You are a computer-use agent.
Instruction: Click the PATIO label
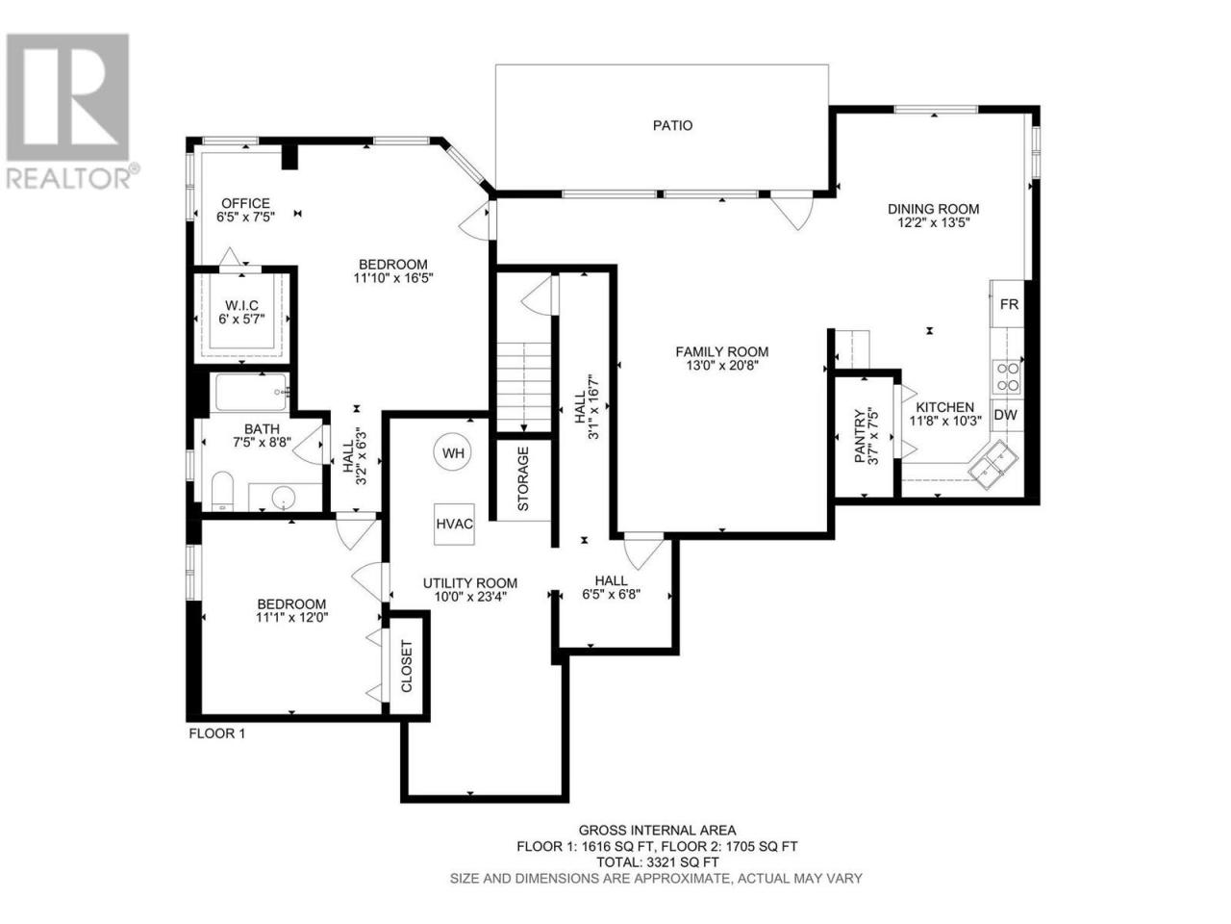[672, 125]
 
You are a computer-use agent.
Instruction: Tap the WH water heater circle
[453, 452]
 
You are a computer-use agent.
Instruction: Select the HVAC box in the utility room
[454, 524]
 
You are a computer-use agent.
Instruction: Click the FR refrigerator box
[1008, 304]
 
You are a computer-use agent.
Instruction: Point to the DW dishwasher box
[1006, 415]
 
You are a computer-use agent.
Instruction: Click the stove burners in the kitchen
[1006, 376]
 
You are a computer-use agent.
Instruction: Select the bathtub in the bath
[252, 392]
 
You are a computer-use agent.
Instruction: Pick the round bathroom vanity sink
[283, 497]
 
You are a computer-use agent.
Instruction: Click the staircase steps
[523, 387]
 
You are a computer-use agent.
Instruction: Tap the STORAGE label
[522, 478]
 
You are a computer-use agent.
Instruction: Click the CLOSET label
[406, 666]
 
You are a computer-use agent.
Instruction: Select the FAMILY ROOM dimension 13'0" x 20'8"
[721, 365]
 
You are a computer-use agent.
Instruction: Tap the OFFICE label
[245, 203]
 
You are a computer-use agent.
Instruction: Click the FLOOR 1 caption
[217, 733]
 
